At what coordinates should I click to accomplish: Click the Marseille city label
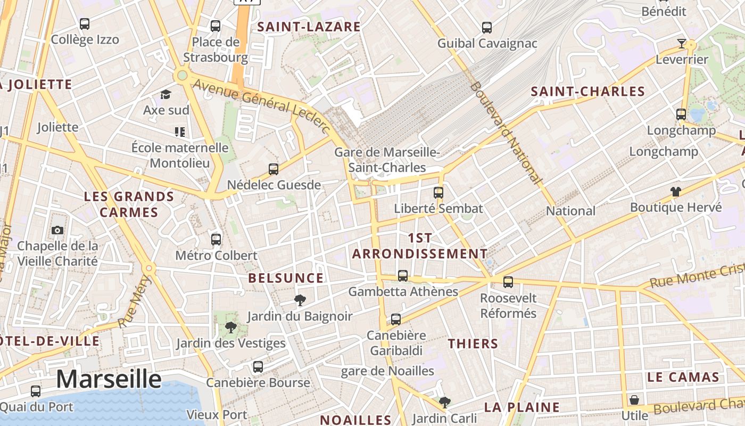[109, 379]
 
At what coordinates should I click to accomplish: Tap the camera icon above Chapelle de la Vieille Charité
[57, 230]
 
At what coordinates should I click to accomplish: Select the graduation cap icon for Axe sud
[166, 95]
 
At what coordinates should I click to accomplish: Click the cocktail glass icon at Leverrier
[682, 43]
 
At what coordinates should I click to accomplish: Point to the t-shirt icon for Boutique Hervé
[676, 191]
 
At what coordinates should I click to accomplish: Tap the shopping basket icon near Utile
[634, 399]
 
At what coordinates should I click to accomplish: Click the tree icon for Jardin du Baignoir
[300, 300]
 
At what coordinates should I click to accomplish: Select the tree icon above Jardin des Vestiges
[231, 327]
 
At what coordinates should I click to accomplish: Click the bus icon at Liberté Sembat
[438, 192]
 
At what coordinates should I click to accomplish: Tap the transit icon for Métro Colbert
[216, 239]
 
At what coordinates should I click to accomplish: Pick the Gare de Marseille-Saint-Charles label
[387, 160]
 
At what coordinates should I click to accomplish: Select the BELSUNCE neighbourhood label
[286, 278]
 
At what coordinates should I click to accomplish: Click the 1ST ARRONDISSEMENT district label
[420, 245]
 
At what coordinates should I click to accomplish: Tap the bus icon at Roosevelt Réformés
[508, 282]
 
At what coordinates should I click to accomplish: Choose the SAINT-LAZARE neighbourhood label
[309, 27]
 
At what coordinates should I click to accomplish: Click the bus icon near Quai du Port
[36, 391]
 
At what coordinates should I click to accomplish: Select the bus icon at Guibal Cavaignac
[487, 27]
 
